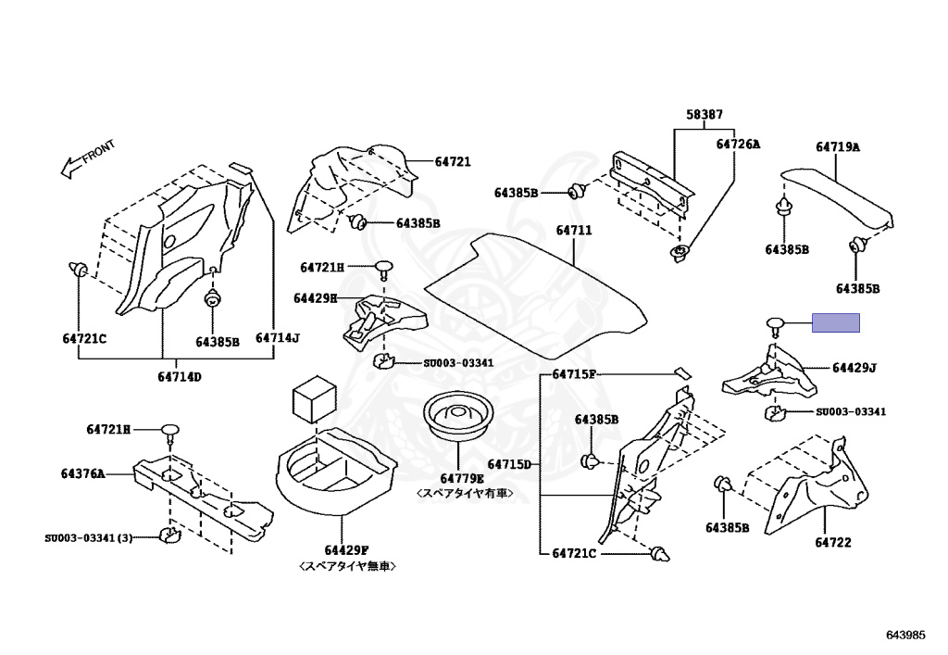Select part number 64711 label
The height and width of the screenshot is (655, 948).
(574, 231)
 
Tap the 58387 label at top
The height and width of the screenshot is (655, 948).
(704, 114)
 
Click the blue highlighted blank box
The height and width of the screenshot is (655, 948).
(836, 323)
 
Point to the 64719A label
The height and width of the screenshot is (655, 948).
(837, 147)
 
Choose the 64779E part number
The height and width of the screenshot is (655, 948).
(462, 479)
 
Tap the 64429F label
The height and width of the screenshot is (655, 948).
(346, 550)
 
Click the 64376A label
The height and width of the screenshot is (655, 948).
(82, 473)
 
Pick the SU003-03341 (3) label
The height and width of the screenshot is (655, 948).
(88, 537)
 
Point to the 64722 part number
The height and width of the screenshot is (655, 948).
(832, 543)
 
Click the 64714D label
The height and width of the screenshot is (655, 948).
(180, 377)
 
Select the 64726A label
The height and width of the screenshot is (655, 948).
(738, 144)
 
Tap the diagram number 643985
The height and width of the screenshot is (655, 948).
(905, 635)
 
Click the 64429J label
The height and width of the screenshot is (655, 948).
(854, 368)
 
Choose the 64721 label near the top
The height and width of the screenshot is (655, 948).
(453, 161)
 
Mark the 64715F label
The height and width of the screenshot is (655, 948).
(574, 374)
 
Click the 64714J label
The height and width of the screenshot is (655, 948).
(278, 337)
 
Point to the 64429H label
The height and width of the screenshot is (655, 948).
(316, 298)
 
